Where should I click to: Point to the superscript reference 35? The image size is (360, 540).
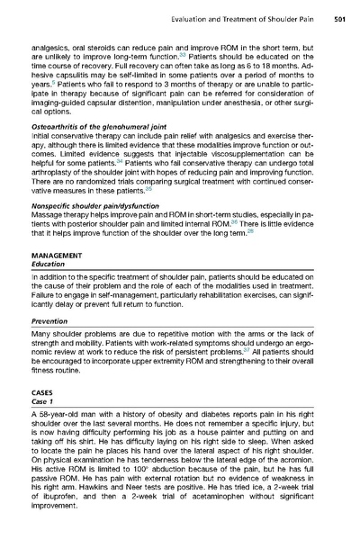pyautogui.click(x=149, y=217)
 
